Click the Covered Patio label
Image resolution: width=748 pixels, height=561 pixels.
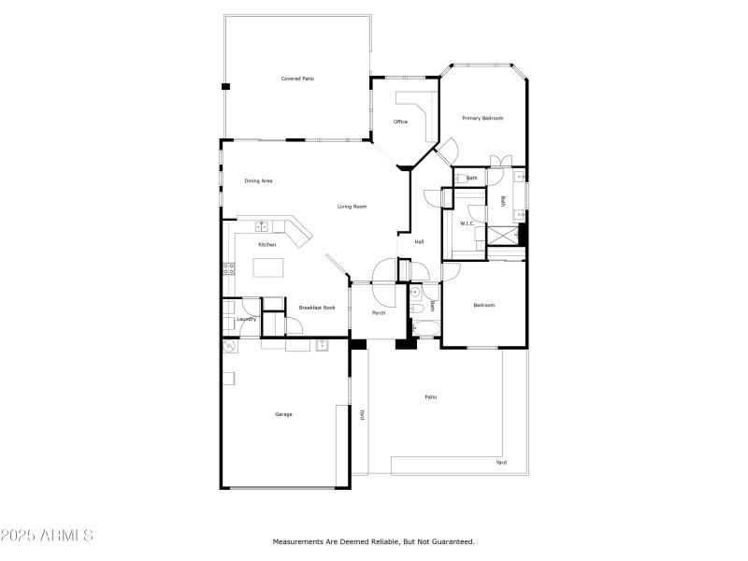[297, 79]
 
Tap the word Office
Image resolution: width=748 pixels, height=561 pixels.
[400, 122]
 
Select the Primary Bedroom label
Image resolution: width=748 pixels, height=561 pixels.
[482, 118]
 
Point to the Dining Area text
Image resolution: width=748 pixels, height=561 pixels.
[258, 180]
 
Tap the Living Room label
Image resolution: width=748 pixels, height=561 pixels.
[352, 206]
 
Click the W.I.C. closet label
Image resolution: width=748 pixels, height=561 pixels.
[467, 223]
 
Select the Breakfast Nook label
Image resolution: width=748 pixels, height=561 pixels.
[317, 307]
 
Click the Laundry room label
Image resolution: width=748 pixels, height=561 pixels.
[247, 319]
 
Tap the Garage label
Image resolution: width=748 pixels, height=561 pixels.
[283, 414]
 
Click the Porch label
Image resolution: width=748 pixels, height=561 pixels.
[379, 312]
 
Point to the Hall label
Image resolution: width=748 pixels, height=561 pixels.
[420, 242]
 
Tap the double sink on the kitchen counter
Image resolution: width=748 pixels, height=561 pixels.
[263, 226]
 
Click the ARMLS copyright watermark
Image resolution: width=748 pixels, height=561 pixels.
[47, 537]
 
